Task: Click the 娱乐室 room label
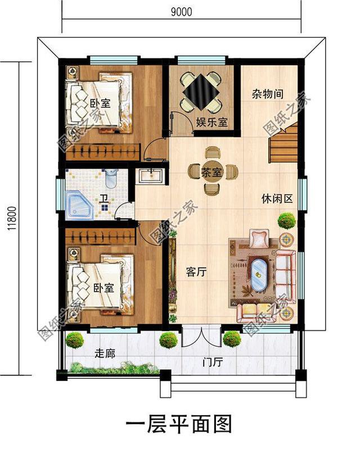[211, 123]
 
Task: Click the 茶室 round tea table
[213, 172]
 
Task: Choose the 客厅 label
[197, 272]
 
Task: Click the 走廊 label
[105, 353]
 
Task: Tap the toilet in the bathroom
[111, 179]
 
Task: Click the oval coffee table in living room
[259, 274]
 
